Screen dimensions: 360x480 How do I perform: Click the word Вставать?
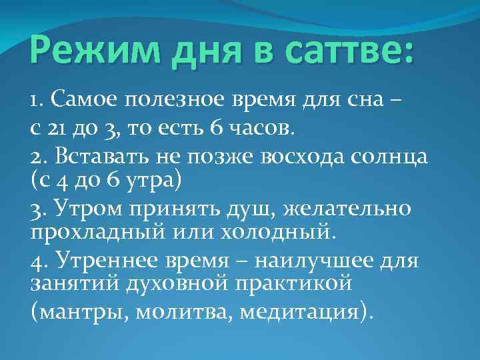99,157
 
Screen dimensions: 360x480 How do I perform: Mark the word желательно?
348,209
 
